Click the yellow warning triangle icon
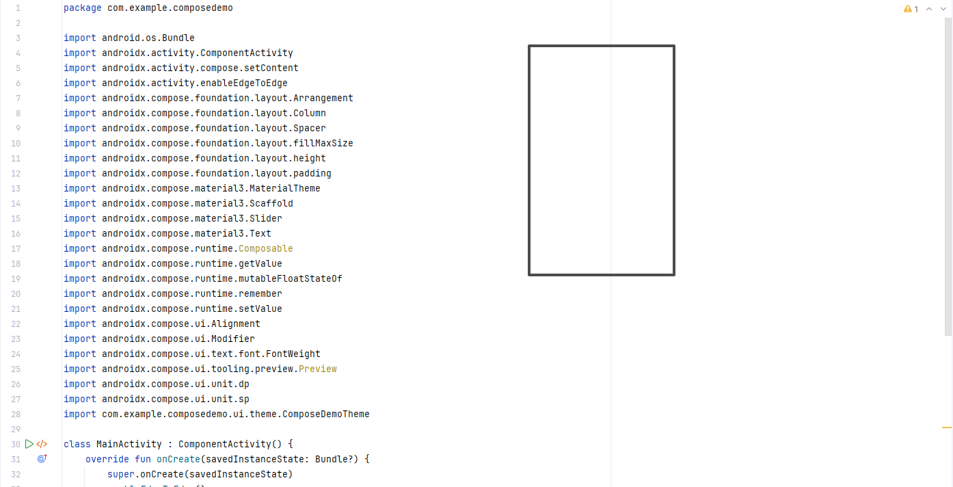tap(908, 9)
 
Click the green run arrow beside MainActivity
tap(29, 444)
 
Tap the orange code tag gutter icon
tap(42, 444)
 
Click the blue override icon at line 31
tap(42, 459)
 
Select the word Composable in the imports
tap(265, 248)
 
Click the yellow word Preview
tap(317, 369)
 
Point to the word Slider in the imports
tap(265, 218)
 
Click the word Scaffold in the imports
tap(271, 203)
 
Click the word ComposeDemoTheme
tap(325, 414)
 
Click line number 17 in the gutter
tap(16, 248)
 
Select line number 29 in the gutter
tap(16, 429)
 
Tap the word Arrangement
tap(323, 98)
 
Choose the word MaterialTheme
tap(284, 188)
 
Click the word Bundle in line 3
tap(178, 38)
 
